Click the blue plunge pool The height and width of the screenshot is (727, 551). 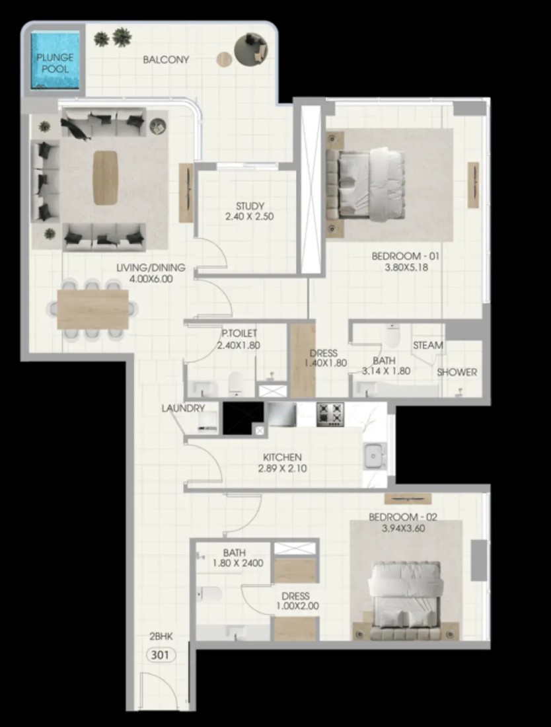(55, 59)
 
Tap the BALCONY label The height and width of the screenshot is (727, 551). (166, 59)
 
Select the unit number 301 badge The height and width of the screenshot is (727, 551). (161, 655)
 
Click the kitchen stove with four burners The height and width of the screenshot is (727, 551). (330, 414)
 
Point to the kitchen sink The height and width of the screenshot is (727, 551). (374, 456)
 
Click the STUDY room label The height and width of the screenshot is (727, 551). (250, 206)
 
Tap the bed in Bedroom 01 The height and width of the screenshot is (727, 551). (366, 184)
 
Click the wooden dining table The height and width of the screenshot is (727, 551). (92, 309)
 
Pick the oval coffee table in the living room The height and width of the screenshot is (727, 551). (106, 178)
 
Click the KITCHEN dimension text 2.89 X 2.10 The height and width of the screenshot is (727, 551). (282, 469)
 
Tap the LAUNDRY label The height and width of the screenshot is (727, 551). (183, 408)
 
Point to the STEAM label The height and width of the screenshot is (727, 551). (427, 345)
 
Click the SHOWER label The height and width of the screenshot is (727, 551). (457, 372)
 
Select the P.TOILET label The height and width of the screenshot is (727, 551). (239, 333)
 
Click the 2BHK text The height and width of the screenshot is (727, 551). (161, 636)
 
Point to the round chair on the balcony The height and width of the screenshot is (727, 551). (251, 49)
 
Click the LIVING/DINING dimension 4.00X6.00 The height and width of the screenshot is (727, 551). (151, 279)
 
